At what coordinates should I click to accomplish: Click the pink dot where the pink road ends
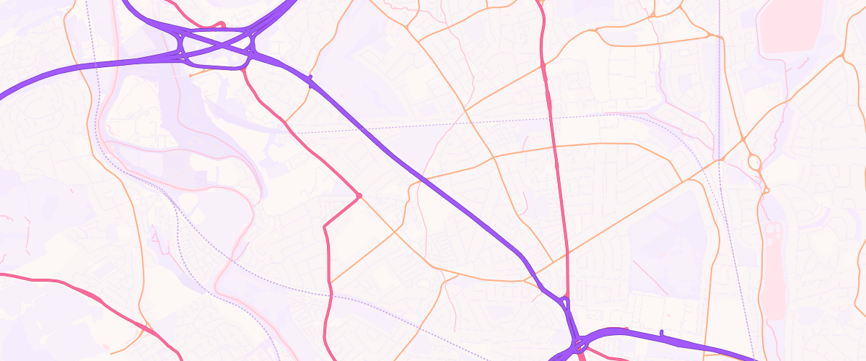click(x=359, y=195)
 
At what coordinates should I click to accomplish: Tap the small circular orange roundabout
click(x=766, y=190)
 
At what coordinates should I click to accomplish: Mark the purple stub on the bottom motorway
click(x=661, y=333)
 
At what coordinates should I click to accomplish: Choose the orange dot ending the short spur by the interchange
click(x=190, y=75)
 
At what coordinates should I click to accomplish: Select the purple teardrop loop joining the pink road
click(x=566, y=304)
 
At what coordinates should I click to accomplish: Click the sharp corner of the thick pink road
click(x=325, y=226)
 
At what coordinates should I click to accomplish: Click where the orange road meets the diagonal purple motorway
click(x=425, y=179)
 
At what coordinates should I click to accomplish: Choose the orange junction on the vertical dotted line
click(x=721, y=159)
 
